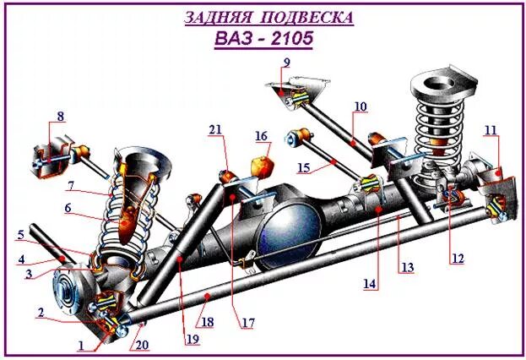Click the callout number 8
60,116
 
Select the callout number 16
261,135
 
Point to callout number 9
286,63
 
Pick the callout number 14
370,284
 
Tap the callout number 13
408,268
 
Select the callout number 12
457,259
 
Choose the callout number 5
21,235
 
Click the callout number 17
248,322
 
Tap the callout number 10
361,106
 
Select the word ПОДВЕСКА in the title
309,17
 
